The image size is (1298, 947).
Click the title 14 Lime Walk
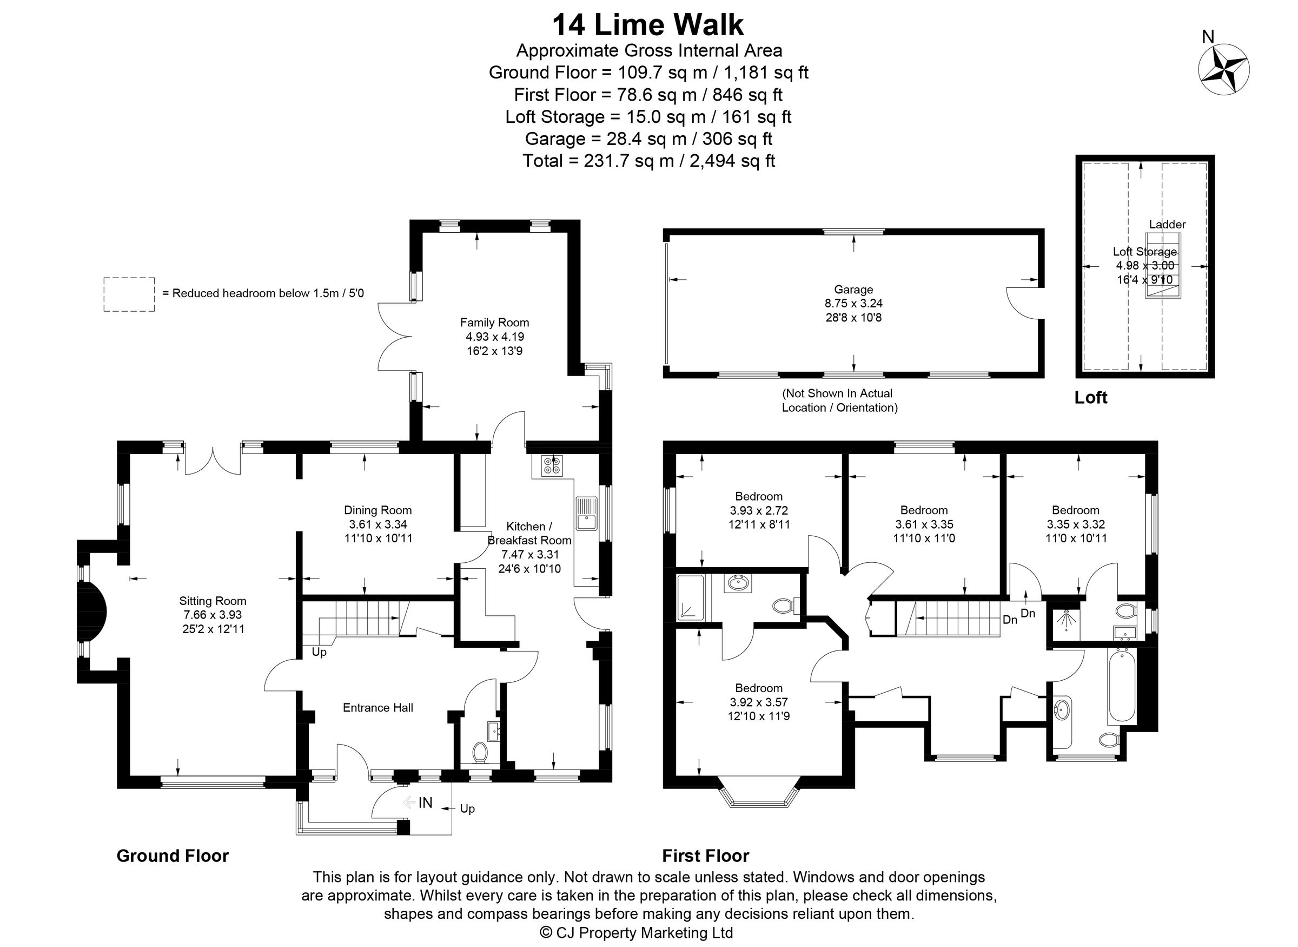pyautogui.click(x=648, y=26)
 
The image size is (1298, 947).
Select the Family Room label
pyautogui.click(x=494, y=323)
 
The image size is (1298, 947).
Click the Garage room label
pyautogui.click(x=853, y=290)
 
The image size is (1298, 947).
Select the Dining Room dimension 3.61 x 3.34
pyautogui.click(x=378, y=524)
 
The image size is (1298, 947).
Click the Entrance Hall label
pyautogui.click(x=378, y=707)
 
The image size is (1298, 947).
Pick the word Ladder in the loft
pyautogui.click(x=1167, y=224)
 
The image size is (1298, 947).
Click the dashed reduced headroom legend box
pyautogui.click(x=129, y=294)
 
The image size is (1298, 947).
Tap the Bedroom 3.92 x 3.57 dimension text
pyautogui.click(x=758, y=702)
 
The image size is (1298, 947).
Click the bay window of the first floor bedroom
pyautogui.click(x=758, y=797)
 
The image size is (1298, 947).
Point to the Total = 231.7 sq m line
pyautogui.click(x=648, y=161)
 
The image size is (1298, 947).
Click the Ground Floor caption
pyautogui.click(x=173, y=856)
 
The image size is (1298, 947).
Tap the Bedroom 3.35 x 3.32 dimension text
pyautogui.click(x=1075, y=524)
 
